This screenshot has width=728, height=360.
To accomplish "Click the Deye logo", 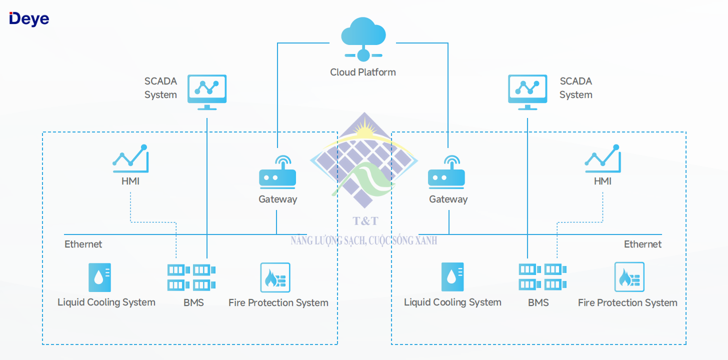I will [29, 18].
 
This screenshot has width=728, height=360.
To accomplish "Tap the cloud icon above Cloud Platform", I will [363, 35].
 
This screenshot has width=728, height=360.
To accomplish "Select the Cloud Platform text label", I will [363, 72].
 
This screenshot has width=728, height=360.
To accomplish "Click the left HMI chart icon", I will [130, 157].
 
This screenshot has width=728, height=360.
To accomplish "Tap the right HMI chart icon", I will [602, 157].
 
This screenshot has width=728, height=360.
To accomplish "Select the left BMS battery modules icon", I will [192, 277].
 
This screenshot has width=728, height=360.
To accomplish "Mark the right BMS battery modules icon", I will [542, 277].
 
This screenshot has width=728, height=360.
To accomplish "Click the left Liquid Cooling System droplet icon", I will [99, 277].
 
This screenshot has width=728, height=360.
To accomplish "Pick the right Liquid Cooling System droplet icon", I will [452, 277].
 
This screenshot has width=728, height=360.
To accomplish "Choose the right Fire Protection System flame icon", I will [629, 277].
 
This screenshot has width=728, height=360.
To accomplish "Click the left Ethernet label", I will [83, 244].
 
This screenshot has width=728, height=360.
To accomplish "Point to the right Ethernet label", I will [642, 244].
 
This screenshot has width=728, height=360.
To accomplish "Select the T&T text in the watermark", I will [365, 220].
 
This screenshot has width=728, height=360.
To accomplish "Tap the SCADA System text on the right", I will [575, 88].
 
